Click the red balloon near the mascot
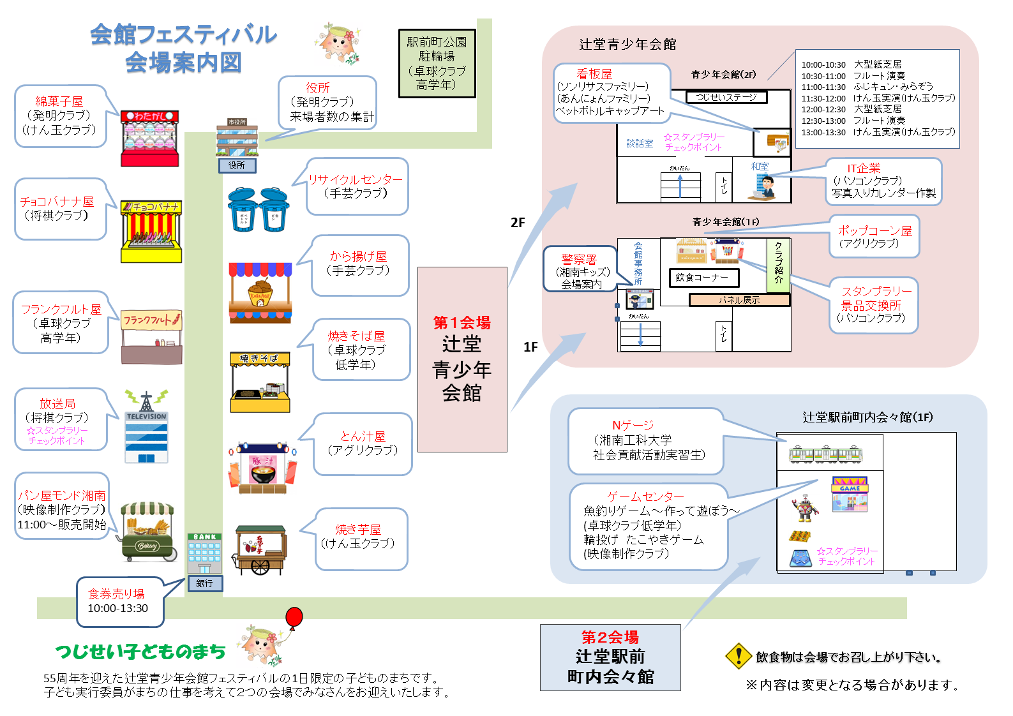tap(294, 616)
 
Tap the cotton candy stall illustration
tap(150, 138)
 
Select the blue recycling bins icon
tap(258, 209)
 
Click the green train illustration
tap(825, 453)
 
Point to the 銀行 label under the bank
tap(204, 583)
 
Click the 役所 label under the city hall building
tap(236, 165)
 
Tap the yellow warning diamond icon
tap(739, 655)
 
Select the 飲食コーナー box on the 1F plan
tap(703, 278)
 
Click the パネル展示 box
tap(739, 300)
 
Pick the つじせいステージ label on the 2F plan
tap(726, 97)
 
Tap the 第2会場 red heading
tap(610, 637)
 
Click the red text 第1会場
tap(461, 323)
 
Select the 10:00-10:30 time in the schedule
tap(823, 64)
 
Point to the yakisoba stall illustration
tap(260, 382)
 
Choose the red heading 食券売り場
tap(116, 593)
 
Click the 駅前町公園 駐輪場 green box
tap(437, 63)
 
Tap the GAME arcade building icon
tap(849, 494)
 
